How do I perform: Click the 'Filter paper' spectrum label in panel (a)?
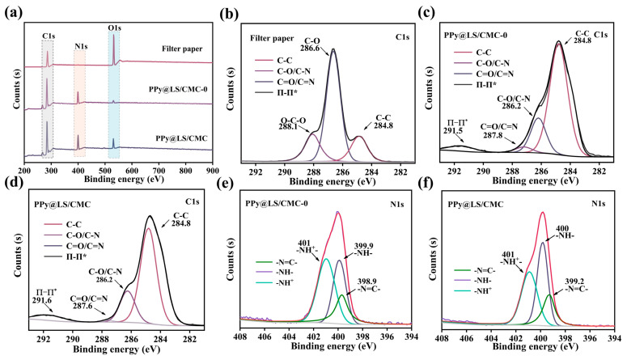pos(181,49)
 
